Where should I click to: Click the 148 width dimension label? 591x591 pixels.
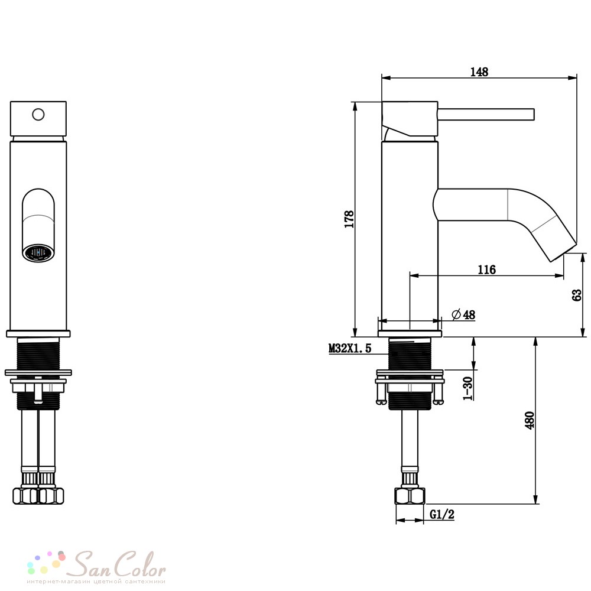(479, 72)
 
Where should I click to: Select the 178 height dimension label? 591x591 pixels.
(349, 219)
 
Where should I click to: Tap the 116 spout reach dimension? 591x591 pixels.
(486, 269)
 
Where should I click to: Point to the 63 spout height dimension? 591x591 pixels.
(577, 295)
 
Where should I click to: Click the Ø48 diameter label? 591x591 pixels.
(463, 314)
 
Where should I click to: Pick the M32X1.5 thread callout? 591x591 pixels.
(350, 348)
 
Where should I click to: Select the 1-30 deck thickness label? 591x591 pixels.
(467, 388)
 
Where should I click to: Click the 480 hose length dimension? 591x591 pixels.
(530, 420)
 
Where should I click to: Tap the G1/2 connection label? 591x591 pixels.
(442, 514)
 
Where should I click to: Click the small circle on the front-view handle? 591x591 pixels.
(38, 114)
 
